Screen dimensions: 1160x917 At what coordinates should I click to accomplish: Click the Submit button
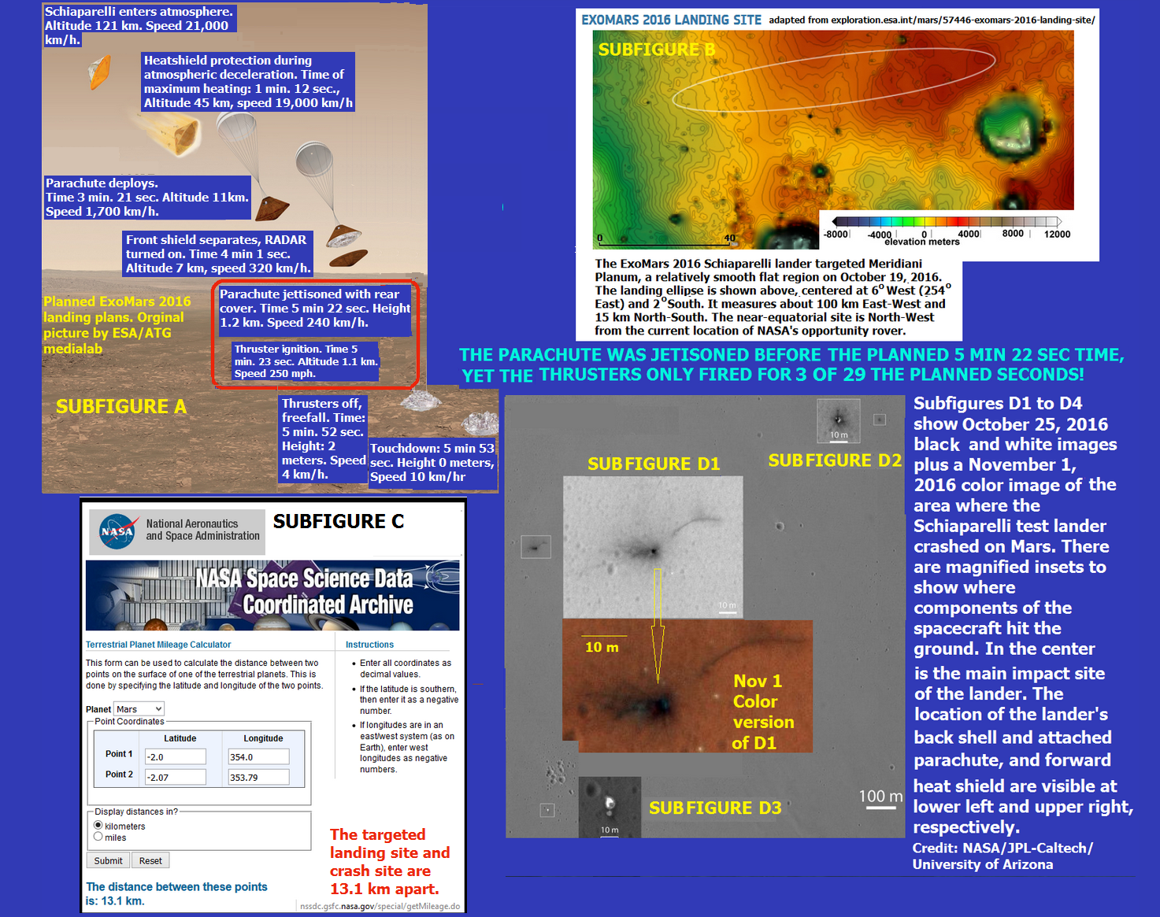109,860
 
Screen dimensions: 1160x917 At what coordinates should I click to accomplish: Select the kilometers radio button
98,825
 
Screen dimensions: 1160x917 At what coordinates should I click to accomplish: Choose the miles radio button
98,837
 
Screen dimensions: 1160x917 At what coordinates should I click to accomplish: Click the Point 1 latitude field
175,756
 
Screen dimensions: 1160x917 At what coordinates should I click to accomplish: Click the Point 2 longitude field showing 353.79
259,777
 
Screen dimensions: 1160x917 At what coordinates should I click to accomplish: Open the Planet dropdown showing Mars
139,709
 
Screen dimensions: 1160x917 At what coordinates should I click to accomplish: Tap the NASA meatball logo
117,531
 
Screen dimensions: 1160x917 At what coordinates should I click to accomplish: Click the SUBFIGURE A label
121,406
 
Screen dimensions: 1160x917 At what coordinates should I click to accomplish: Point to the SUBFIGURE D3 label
715,808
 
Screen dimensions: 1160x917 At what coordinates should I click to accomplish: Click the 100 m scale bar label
880,796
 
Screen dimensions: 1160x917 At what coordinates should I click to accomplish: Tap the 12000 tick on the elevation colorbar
1057,235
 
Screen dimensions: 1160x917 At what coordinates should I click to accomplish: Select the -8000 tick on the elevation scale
836,235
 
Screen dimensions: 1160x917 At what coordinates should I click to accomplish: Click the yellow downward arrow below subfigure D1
658,625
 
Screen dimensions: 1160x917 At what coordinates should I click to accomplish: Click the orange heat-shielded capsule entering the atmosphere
100,72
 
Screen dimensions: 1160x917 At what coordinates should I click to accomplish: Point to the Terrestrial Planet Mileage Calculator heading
158,645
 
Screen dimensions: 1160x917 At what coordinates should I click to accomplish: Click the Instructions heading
369,645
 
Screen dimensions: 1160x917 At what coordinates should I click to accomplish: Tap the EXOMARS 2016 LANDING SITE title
671,20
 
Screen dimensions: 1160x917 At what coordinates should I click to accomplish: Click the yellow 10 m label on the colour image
602,647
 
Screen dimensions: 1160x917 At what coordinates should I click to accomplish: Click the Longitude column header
263,738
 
